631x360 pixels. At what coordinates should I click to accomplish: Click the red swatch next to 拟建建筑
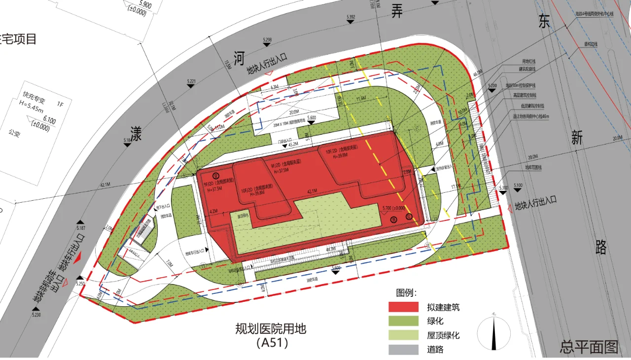click(x=404, y=307)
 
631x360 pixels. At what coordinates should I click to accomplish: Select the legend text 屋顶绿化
click(x=444, y=335)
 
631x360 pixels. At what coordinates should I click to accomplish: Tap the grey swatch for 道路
click(x=404, y=350)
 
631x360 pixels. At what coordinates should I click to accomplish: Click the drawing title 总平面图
click(x=589, y=347)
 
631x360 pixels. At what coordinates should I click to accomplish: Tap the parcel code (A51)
click(x=271, y=343)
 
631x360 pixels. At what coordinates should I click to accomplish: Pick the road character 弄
click(x=397, y=11)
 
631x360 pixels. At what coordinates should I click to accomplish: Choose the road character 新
click(x=577, y=139)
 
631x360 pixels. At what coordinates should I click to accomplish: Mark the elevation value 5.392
click(x=351, y=17)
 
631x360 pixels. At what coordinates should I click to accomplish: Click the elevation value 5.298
click(x=267, y=39)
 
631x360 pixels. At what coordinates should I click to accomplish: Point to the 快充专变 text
click(x=34, y=94)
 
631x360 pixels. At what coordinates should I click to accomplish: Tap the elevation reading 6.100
click(x=50, y=120)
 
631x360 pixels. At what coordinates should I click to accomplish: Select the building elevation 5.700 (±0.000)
click(x=394, y=208)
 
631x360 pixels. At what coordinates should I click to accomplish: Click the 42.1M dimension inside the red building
click(x=312, y=191)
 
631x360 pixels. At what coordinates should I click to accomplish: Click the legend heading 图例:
click(x=407, y=293)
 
